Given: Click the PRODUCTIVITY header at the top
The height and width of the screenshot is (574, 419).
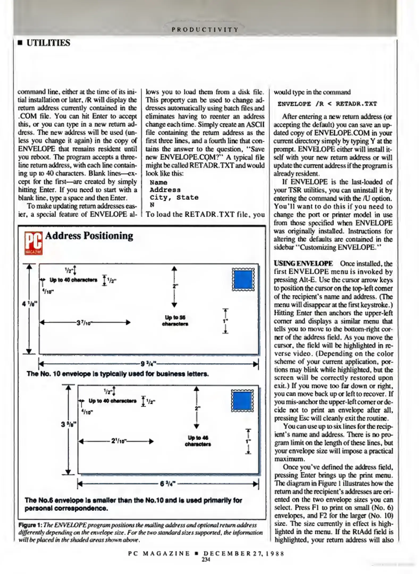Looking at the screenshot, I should (205, 29).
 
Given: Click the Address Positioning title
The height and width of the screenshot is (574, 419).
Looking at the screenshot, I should (89, 236).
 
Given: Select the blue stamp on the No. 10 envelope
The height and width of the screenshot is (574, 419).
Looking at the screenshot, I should (243, 280).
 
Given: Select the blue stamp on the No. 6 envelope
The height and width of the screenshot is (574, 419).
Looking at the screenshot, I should (242, 401).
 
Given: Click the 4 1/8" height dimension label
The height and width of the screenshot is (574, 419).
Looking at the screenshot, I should (30, 303).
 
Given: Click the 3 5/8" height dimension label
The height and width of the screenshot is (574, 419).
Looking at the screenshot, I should (69, 424).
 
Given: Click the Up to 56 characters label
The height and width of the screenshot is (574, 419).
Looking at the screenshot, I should (175, 320).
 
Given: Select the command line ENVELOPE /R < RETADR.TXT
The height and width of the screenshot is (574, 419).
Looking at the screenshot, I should (327, 104).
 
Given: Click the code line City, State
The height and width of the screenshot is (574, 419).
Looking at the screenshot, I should (174, 197).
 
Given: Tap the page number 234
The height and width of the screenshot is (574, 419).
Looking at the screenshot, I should (206, 559).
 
